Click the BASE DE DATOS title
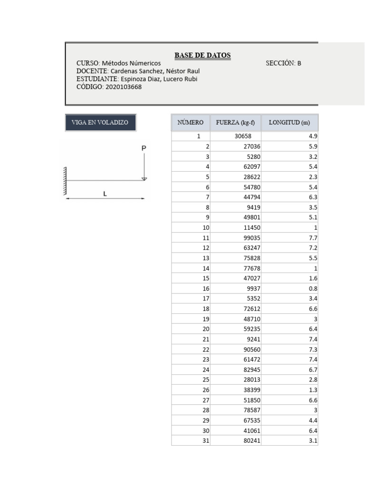pyautogui.click(x=202, y=55)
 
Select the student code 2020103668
pyautogui.click(x=124, y=87)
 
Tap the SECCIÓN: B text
pyautogui.click(x=283, y=63)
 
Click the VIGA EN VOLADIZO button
pyautogui.click(x=100, y=122)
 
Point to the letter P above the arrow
pyautogui.click(x=144, y=148)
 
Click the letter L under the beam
pyautogui.click(x=105, y=194)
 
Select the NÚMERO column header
pyautogui.click(x=191, y=122)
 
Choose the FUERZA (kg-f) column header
pyautogui.click(x=235, y=122)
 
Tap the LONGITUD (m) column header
pyautogui.click(x=289, y=122)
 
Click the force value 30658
pyautogui.click(x=243, y=136)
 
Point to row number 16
pyautogui.click(x=206, y=289)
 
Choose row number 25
pyautogui.click(x=206, y=380)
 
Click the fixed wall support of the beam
pyautogui.click(x=64, y=181)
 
